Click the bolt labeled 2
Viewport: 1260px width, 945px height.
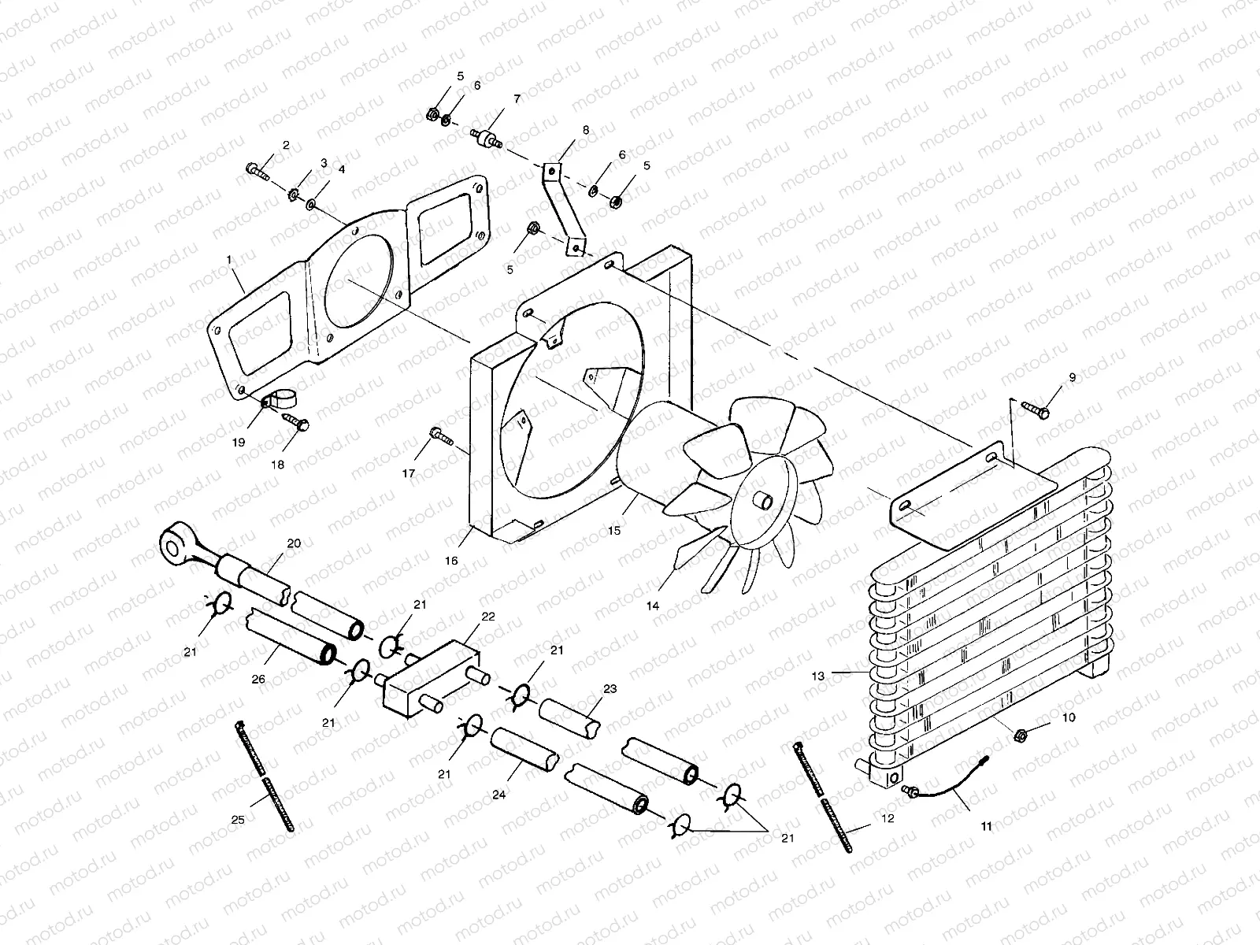(257, 169)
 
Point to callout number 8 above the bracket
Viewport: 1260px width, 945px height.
(585, 130)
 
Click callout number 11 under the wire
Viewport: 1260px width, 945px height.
(986, 826)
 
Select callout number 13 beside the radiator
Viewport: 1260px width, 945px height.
(817, 675)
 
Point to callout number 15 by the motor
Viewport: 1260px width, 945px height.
(613, 530)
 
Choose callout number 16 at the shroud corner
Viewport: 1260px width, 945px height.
(451, 560)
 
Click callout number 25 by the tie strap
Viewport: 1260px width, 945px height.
(238, 820)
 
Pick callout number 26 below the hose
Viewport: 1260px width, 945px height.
(258, 679)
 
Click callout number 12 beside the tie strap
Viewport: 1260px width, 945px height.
(888, 818)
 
